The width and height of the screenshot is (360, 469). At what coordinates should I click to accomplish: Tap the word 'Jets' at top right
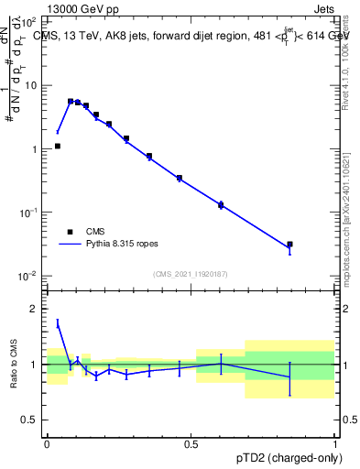[x=322, y=7]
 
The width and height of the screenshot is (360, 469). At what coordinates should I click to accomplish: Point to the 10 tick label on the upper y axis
[x=32, y=85]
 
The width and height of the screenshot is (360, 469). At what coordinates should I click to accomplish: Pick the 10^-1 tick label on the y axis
[x=30, y=213]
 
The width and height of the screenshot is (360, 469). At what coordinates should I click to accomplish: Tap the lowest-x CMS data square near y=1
[x=57, y=146]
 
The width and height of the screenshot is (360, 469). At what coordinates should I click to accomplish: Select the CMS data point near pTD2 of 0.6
[x=221, y=204]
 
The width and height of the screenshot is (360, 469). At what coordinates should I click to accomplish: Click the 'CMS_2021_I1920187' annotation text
[x=191, y=274]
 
